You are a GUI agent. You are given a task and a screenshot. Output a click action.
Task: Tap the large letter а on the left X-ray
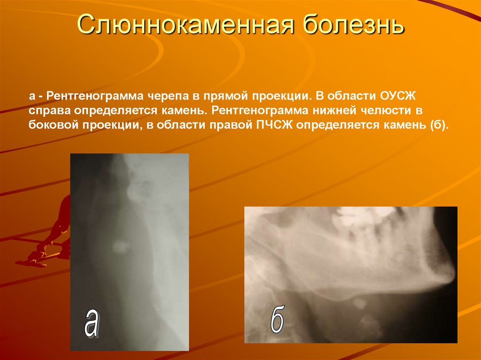pos(91,323)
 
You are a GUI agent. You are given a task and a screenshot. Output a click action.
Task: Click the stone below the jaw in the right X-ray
pos(360,303)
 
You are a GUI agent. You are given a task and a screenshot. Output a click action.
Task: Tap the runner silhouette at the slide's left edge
pos(52,235)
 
